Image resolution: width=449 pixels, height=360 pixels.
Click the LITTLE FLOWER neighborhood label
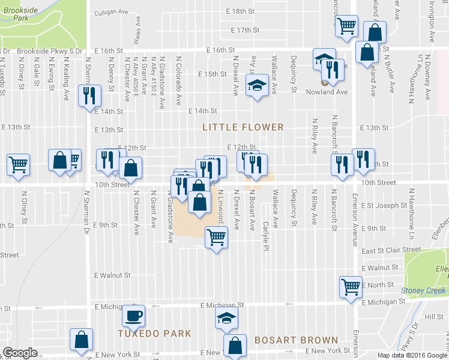point(243,127)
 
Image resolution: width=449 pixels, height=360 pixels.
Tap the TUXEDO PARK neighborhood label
point(154,334)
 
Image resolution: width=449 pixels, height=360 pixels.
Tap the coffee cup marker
point(133,315)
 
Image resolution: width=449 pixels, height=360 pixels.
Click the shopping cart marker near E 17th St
point(346,26)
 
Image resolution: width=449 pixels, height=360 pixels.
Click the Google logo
point(20,353)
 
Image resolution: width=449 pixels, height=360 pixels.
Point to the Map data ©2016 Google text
point(412,355)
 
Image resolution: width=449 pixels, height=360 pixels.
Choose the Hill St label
point(433,316)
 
